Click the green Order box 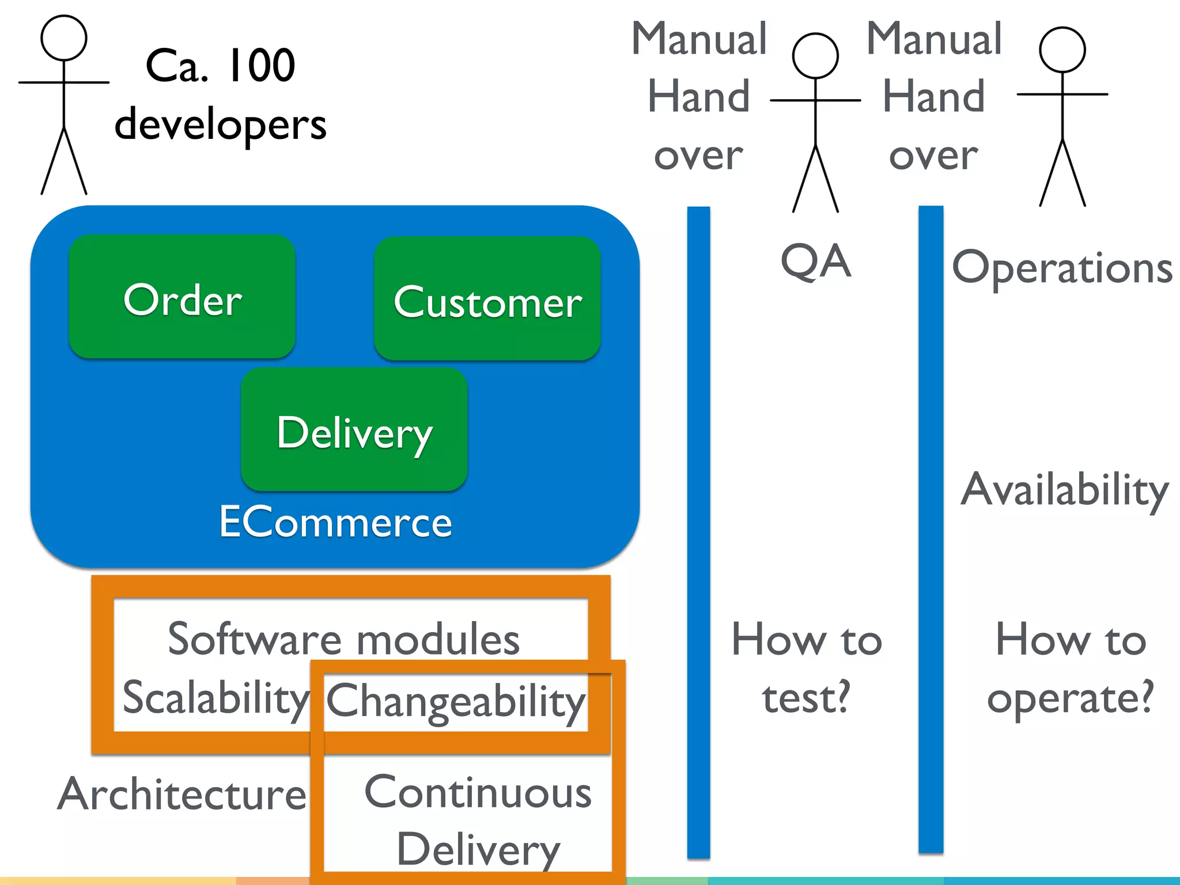click(x=182, y=297)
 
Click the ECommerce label click(x=335, y=522)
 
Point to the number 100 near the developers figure click(x=261, y=66)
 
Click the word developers click(x=221, y=124)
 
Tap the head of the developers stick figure click(x=64, y=38)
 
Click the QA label click(x=815, y=262)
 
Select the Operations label click(x=1062, y=268)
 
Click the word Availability click(x=1065, y=490)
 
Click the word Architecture click(x=182, y=794)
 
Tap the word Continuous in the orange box click(x=478, y=793)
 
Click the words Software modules click(x=343, y=640)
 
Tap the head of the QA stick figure click(x=815, y=56)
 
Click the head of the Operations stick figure click(x=1062, y=50)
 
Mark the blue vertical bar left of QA click(x=698, y=530)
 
